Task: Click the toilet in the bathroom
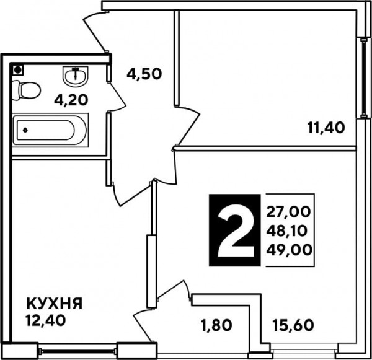tap(26, 90)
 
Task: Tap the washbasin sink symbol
tap(76, 76)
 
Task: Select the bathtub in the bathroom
tap(50, 130)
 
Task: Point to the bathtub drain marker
tap(25, 130)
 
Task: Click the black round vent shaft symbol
tap(17, 70)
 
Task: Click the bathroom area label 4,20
tap(71, 100)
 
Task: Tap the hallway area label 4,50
tap(144, 74)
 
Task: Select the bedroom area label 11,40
tap(326, 128)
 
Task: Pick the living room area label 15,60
tap(293, 325)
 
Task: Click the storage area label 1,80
tap(216, 325)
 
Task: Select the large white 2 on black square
tap(234, 230)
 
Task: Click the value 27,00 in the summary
tap(288, 212)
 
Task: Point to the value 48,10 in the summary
tap(286, 231)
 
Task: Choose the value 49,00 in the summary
tap(289, 250)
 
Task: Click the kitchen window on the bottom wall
tap(78, 351)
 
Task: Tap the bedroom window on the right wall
tap(363, 77)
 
